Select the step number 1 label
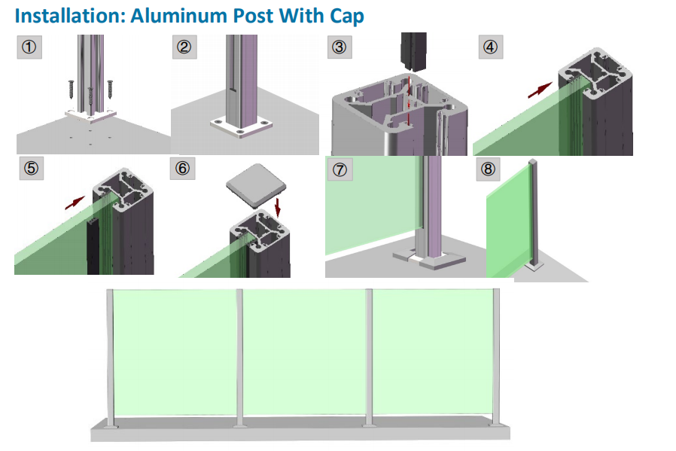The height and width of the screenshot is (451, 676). pos(29,48)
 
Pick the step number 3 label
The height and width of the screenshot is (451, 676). pos(340,48)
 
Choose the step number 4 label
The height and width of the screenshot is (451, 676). pos(491,48)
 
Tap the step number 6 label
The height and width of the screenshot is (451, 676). pos(182,169)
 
